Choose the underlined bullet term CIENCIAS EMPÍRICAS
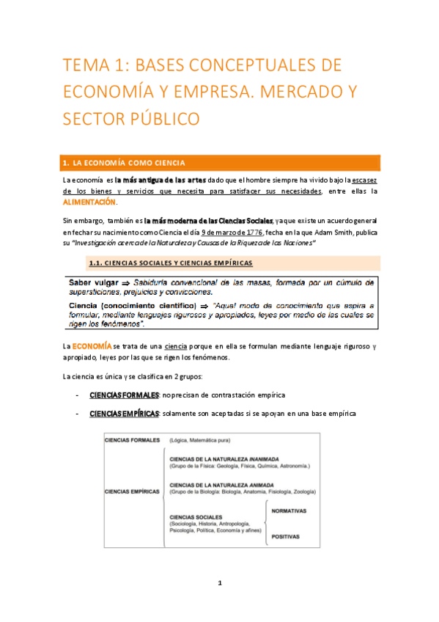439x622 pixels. pos(124,414)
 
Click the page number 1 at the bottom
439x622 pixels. pos(219,582)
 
